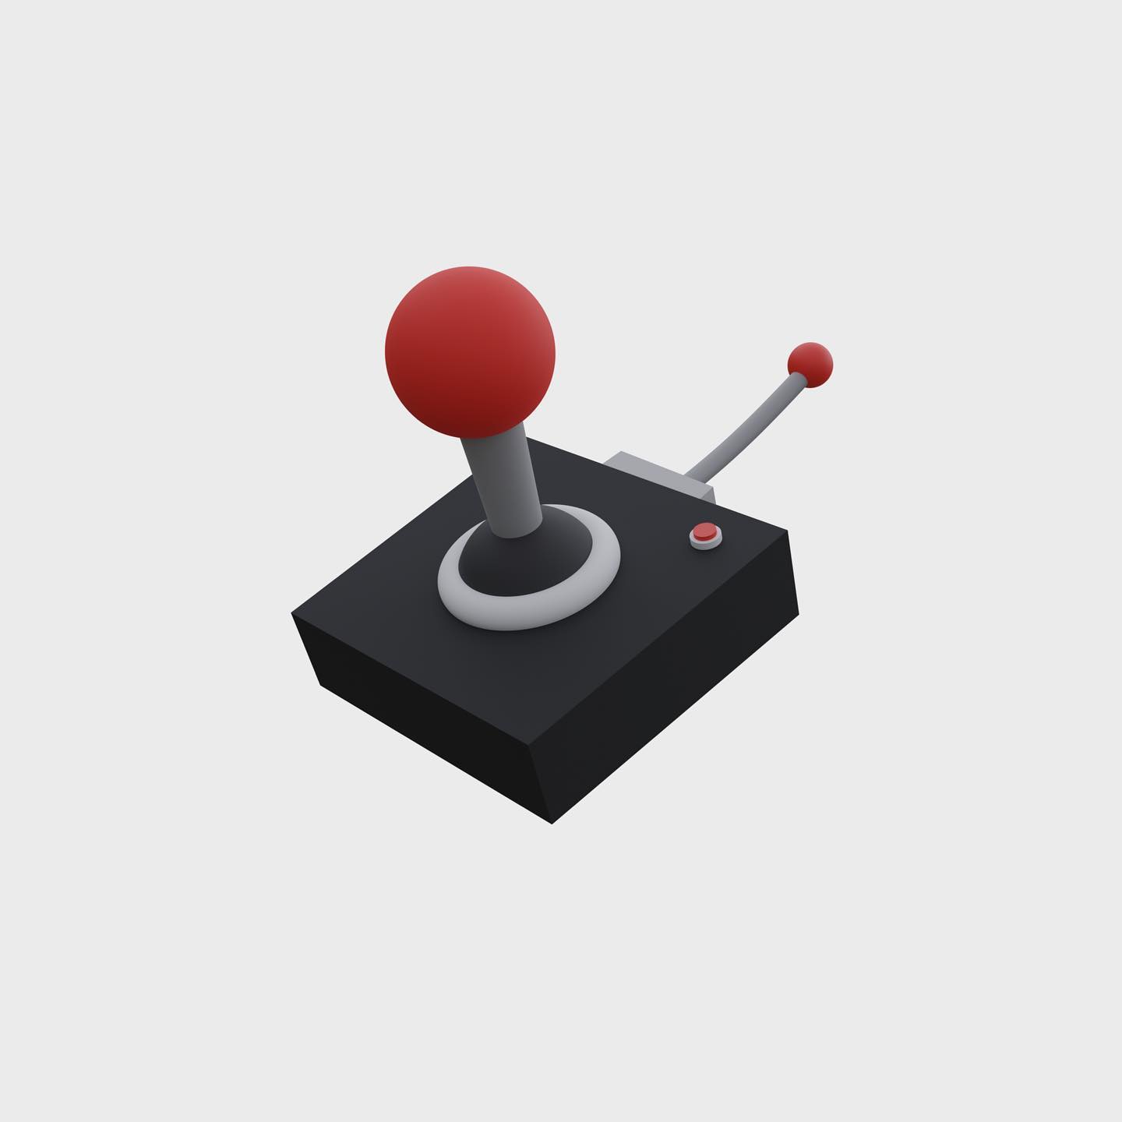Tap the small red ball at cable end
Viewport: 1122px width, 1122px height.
tap(810, 364)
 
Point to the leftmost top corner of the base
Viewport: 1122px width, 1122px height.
tap(292, 613)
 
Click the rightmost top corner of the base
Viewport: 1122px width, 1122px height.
tap(788, 531)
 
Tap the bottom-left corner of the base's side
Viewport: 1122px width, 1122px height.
tap(320, 685)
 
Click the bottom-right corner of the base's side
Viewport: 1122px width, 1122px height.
tap(799, 616)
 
